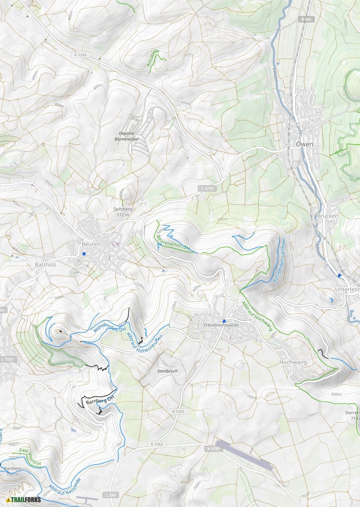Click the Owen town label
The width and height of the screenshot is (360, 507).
point(305,144)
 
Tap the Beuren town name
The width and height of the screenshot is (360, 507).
point(91,244)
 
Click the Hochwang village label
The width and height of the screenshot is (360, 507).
point(293,362)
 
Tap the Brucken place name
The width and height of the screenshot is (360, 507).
point(327,216)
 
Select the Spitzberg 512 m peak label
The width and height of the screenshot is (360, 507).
point(123,212)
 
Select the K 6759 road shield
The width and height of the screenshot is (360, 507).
point(214,448)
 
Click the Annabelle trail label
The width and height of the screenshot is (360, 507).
point(153,58)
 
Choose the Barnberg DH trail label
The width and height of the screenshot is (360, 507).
point(100,399)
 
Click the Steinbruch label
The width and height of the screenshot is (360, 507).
point(167,371)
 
